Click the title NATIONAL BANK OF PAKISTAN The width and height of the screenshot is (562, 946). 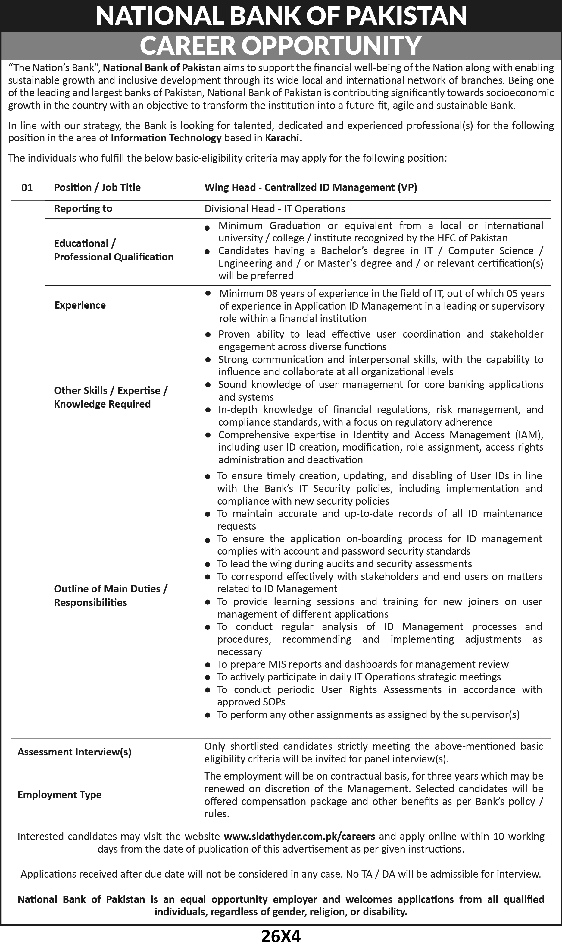click(x=281, y=16)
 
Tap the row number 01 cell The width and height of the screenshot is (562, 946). click(x=27, y=188)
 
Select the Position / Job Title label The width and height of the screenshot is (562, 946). click(x=97, y=187)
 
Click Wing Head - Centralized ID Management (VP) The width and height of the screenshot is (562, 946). click(x=311, y=187)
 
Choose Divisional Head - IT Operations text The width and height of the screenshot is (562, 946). click(x=275, y=209)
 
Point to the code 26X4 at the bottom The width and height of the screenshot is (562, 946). click(x=281, y=936)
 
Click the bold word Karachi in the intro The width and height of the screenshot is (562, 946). click(x=283, y=138)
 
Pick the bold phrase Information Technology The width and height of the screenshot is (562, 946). click(x=166, y=138)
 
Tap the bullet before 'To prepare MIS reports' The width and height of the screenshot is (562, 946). click(x=208, y=665)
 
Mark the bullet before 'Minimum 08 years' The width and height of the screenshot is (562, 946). click(x=208, y=293)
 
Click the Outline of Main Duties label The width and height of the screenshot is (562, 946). click(x=110, y=588)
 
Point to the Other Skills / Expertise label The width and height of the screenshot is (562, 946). click(x=111, y=390)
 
